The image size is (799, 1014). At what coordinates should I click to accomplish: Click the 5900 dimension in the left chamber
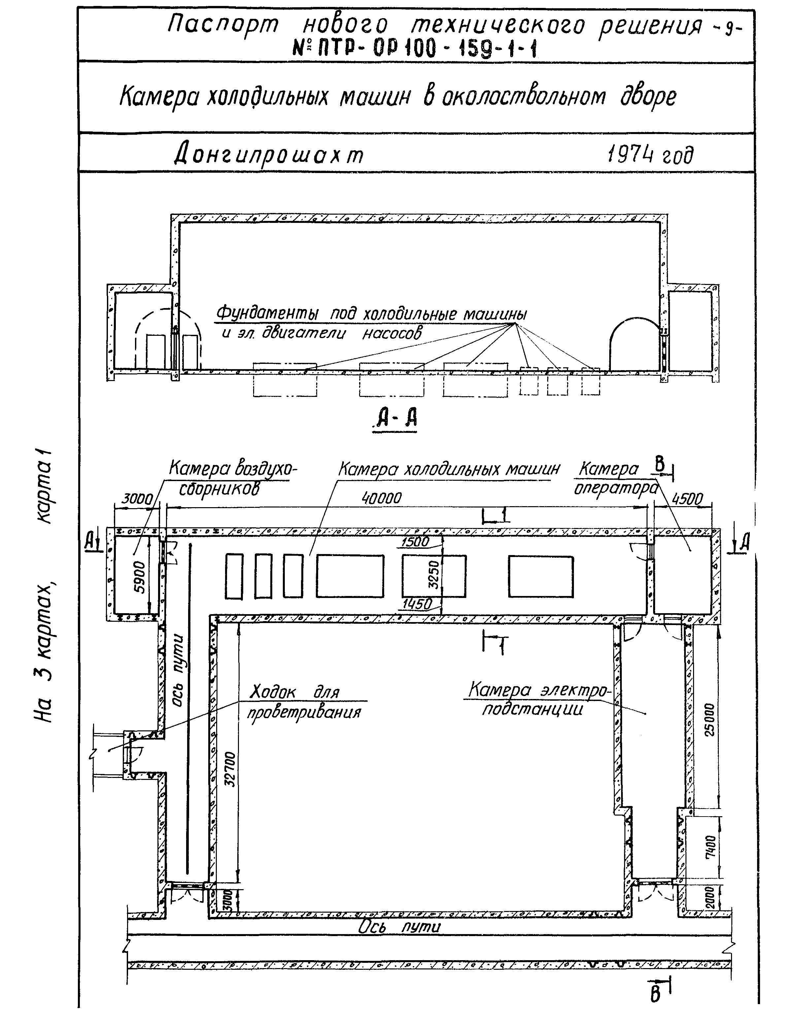[140, 577]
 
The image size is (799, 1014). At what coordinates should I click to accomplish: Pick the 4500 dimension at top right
[687, 499]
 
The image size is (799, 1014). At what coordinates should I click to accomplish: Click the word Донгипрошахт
[269, 155]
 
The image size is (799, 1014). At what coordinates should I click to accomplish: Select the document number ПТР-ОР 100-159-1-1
[415, 48]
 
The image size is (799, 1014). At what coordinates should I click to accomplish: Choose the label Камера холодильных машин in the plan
[449, 469]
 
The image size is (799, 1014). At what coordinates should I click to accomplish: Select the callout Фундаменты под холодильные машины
[371, 314]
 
